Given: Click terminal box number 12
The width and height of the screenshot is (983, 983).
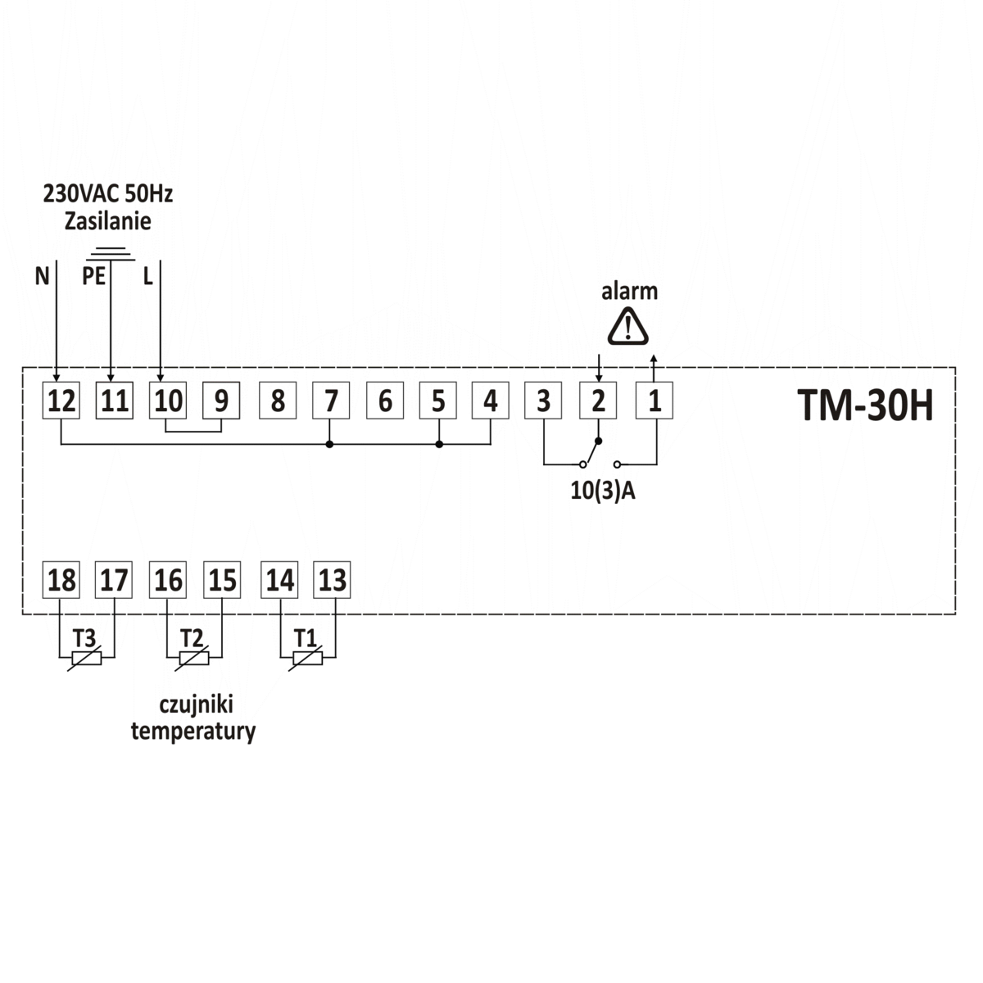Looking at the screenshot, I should pyautogui.click(x=61, y=401).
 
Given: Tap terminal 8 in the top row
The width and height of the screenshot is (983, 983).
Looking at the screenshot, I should pyautogui.click(x=278, y=401).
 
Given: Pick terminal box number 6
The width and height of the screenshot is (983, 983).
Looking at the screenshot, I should pyautogui.click(x=385, y=401).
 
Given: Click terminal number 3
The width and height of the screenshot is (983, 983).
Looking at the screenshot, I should pyautogui.click(x=543, y=401).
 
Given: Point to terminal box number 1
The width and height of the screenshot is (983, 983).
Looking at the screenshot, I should pyautogui.click(x=655, y=401).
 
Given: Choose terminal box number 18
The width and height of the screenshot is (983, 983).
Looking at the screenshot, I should pyautogui.click(x=61, y=580).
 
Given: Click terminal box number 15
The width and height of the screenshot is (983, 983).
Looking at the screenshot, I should pyautogui.click(x=221, y=580).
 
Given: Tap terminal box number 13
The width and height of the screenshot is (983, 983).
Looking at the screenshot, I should pyautogui.click(x=332, y=580).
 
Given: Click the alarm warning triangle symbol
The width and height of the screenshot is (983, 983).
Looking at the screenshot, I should pyautogui.click(x=627, y=326).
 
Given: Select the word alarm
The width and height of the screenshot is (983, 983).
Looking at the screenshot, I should pyautogui.click(x=629, y=291).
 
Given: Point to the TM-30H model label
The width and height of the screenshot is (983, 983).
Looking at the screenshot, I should pyautogui.click(x=864, y=405).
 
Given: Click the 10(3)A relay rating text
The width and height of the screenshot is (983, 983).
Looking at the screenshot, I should pyautogui.click(x=603, y=491).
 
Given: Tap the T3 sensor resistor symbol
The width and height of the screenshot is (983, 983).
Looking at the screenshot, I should pyautogui.click(x=86, y=657).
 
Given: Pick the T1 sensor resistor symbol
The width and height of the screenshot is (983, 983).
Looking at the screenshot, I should pyautogui.click(x=307, y=657).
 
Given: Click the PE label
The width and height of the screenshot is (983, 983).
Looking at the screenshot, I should pyautogui.click(x=93, y=276).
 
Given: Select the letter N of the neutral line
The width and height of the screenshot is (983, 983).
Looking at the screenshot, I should pyautogui.click(x=42, y=276).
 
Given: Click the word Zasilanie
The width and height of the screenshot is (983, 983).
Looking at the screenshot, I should pyautogui.click(x=107, y=221).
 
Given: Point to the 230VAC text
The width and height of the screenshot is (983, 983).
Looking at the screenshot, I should pyautogui.click(x=82, y=194).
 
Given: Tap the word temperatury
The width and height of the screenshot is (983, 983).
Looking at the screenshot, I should pyautogui.click(x=193, y=731).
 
